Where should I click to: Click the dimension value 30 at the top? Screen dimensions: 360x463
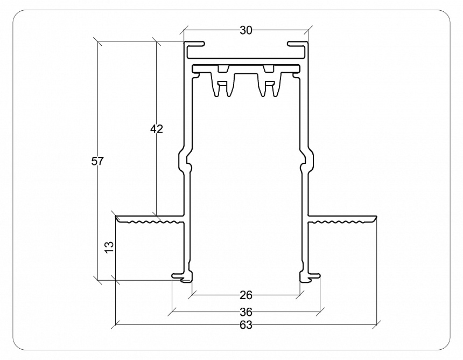pos(245,31)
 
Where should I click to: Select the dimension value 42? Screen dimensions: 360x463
pos(156,129)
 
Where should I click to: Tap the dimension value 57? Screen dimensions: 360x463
pos(97,161)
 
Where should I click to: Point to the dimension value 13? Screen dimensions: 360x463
pos(109,247)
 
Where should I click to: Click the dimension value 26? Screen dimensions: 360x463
pos(245,295)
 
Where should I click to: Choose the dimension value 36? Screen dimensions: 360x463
pos(245,311)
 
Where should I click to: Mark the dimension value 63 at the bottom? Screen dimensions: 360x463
pos(245,325)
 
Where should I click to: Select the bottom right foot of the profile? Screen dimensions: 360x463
pos(311,278)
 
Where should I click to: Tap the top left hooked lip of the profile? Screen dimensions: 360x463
pos(195,44)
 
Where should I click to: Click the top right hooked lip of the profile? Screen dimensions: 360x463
pos(297,44)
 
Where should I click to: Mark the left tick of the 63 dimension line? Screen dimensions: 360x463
pos(116,325)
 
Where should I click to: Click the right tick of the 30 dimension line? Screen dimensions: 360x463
pos(308,31)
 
